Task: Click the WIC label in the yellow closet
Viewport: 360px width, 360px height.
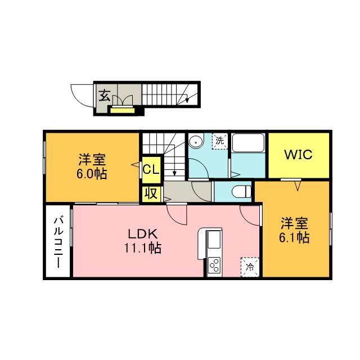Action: pyautogui.click(x=298, y=154)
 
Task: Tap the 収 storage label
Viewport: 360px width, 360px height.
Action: pyautogui.click(x=151, y=193)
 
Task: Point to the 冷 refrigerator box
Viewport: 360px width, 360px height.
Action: pyautogui.click(x=250, y=267)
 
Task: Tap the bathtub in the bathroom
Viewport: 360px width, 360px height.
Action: pyautogui.click(x=248, y=147)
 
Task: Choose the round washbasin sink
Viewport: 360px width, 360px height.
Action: pyautogui.click(x=196, y=142)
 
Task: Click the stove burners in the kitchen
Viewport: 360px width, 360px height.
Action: pyautogui.click(x=214, y=264)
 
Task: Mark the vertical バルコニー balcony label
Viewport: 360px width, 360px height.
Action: pyautogui.click(x=58, y=242)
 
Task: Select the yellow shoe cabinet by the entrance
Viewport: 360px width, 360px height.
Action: pyautogui.click(x=123, y=110)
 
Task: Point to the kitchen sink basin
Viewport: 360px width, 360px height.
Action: pyautogui.click(x=214, y=241)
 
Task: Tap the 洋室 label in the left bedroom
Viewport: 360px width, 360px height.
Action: pyautogui.click(x=92, y=159)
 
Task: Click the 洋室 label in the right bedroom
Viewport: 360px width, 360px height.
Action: pyautogui.click(x=295, y=223)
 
